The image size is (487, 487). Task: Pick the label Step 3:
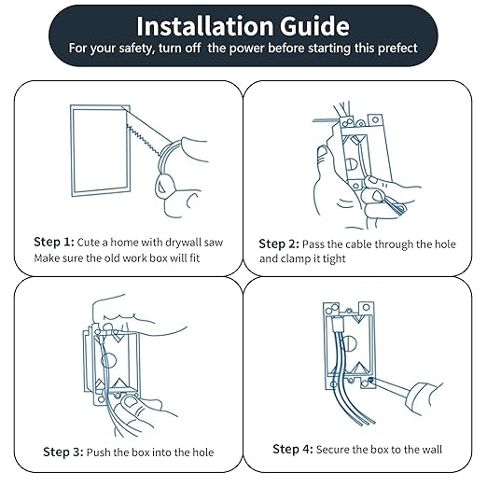coord(63,452)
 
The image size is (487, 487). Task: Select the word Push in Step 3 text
coord(101,452)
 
